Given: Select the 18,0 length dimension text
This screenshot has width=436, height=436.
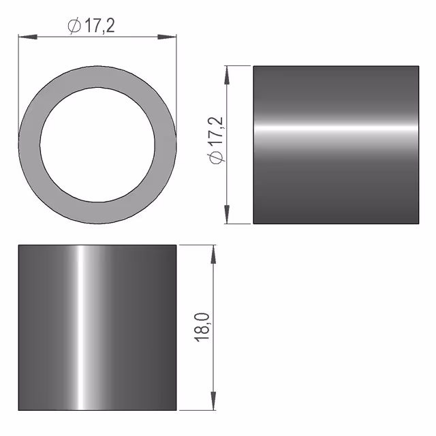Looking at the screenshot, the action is click(x=202, y=327).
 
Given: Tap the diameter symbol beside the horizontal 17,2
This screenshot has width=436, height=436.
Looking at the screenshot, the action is click(x=74, y=26).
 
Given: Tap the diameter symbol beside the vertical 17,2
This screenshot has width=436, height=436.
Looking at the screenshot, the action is click(x=216, y=157).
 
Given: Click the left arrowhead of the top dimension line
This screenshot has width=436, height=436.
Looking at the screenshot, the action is click(x=28, y=37).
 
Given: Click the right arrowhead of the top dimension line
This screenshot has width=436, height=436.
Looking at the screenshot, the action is click(x=167, y=37).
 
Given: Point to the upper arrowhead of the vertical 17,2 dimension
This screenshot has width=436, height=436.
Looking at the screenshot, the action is click(x=227, y=75).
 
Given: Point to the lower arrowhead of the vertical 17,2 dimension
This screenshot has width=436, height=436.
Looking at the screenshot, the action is click(x=227, y=214).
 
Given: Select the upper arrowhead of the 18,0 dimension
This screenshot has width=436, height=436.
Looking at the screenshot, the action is click(x=213, y=254).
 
